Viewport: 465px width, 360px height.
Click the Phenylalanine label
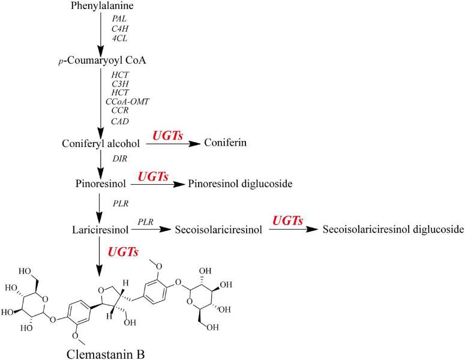(x=102, y=5)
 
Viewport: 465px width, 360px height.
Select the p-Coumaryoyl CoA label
(x=102, y=61)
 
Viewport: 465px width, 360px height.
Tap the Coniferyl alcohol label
(x=101, y=143)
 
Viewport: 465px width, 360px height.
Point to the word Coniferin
(x=226, y=143)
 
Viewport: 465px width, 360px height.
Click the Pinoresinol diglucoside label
(x=240, y=184)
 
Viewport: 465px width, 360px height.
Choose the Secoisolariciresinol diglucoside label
(x=393, y=230)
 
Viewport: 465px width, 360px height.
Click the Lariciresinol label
(x=100, y=230)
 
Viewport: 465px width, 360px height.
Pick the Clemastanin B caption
(x=106, y=354)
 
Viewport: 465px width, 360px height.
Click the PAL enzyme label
(x=119, y=19)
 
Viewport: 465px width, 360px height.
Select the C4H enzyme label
(x=120, y=28)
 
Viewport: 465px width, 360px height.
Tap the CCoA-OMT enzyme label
(x=127, y=101)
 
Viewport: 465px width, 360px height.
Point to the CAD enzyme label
(x=120, y=121)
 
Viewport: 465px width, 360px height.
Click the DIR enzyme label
(x=120, y=158)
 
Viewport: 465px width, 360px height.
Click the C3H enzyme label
(x=120, y=84)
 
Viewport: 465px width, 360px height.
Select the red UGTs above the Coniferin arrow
(x=167, y=136)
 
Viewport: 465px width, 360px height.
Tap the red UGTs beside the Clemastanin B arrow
(x=123, y=252)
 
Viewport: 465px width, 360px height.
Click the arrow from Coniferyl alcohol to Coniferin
(x=173, y=144)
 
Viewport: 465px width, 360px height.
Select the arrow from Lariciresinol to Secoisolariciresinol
(x=152, y=229)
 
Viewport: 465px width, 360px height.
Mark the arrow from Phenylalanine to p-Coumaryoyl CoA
(x=101, y=33)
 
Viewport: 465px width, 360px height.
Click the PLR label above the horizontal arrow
(x=145, y=222)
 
